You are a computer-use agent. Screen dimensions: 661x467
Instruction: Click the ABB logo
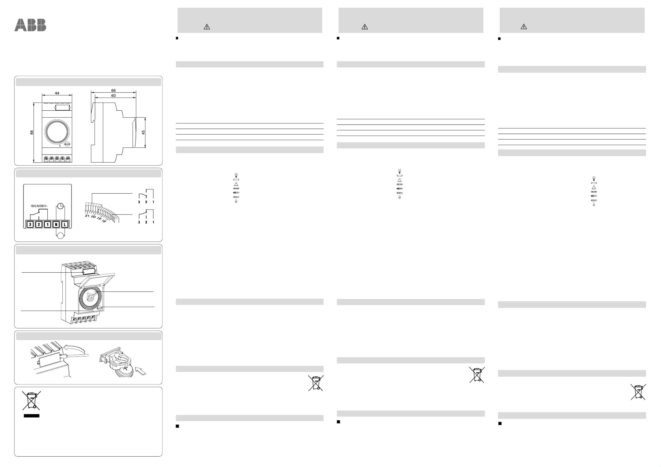(30, 25)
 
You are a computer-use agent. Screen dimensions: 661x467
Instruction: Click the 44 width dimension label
(57, 93)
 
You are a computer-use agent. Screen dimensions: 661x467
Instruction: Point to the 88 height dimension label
(32, 132)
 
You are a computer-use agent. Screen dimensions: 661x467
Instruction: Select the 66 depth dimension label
(113, 90)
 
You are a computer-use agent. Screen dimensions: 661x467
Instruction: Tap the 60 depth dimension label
(113, 95)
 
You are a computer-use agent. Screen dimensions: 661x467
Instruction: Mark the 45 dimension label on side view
(143, 132)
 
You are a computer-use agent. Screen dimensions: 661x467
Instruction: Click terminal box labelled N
(56, 224)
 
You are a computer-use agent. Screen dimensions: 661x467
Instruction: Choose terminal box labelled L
(65, 224)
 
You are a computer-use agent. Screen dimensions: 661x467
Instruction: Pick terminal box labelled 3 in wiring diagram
(30, 224)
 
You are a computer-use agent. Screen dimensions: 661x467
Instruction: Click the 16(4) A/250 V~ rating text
(39, 206)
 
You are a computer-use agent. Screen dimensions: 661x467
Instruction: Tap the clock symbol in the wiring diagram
(60, 206)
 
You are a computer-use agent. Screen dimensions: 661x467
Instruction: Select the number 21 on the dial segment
(87, 216)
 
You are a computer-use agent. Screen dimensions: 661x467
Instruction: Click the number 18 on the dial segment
(104, 221)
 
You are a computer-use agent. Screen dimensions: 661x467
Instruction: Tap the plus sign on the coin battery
(125, 367)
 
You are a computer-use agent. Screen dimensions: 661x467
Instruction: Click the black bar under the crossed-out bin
(31, 416)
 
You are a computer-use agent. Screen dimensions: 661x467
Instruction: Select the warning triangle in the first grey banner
(207, 27)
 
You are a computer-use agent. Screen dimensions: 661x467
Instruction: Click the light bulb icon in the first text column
(236, 175)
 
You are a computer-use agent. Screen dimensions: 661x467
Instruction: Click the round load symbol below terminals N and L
(60, 236)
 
